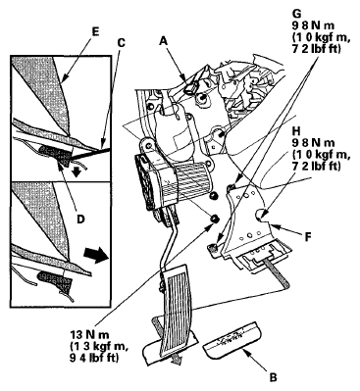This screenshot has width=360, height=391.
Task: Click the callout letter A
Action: pos(164,40)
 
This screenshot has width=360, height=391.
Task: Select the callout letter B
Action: pos(273,377)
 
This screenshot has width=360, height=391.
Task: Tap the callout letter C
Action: pos(122,42)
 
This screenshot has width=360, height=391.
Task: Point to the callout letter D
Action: pos(80,219)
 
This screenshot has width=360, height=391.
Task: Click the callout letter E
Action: pos(95,31)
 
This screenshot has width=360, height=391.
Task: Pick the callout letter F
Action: pos(307,236)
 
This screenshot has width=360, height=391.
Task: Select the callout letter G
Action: pos(297,14)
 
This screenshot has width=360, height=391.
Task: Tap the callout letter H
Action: pos(297,131)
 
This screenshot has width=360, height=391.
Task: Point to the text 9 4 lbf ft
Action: pos(94,358)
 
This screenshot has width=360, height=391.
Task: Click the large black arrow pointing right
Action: pos(96,255)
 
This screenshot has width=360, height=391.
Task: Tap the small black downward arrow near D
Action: pos(77,172)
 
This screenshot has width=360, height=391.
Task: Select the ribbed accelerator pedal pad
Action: pos(177,306)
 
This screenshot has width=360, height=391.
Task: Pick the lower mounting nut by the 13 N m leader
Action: pos(215,219)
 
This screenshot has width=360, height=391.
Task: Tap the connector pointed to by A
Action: pos(190,87)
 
